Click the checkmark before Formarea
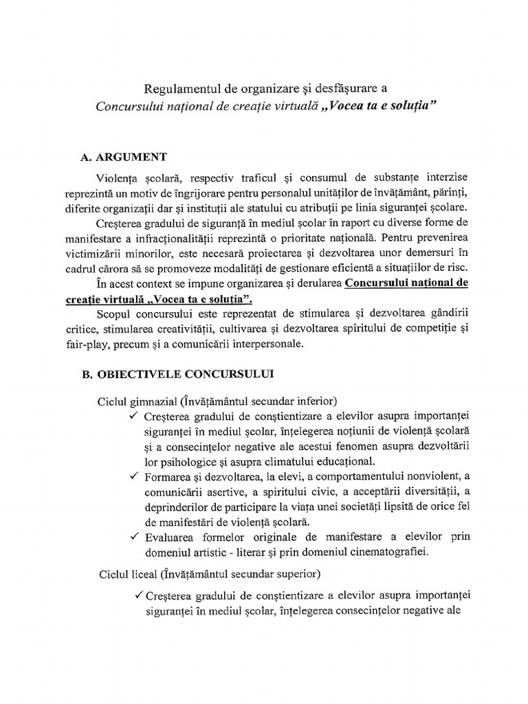click(133, 476)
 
